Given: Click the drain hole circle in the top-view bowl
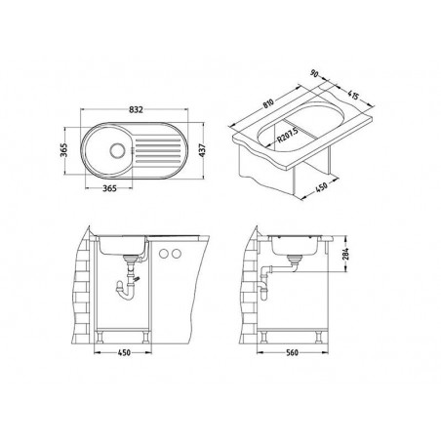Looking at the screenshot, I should click(x=118, y=151).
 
